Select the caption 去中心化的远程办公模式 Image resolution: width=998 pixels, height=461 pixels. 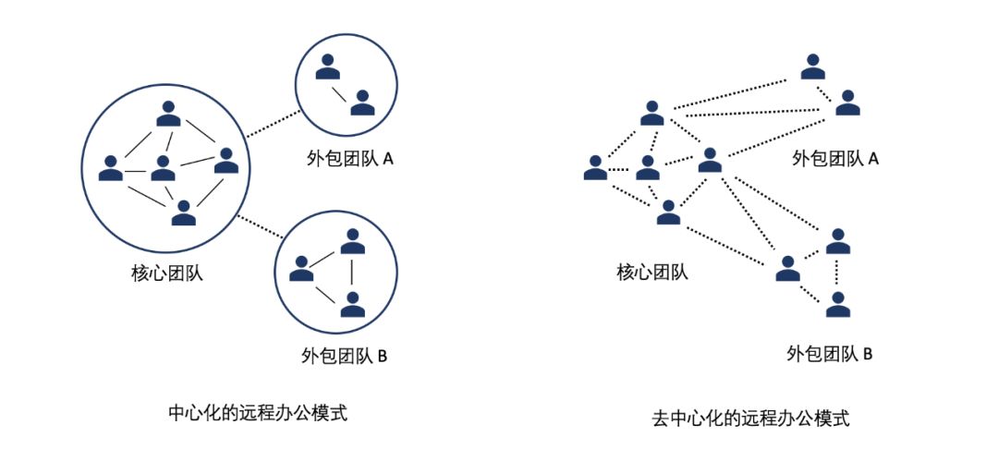[x=750, y=418]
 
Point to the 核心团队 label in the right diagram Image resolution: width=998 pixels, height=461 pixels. [x=652, y=272]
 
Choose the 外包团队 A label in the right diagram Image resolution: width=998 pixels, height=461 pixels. [x=835, y=158]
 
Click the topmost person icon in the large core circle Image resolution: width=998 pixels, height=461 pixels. [x=168, y=113]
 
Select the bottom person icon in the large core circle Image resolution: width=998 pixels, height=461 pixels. [x=185, y=212]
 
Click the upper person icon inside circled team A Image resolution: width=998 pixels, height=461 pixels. [x=325, y=67]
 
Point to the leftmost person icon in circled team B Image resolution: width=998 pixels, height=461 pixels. [x=301, y=268]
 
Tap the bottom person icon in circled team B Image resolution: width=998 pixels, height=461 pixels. [x=351, y=303]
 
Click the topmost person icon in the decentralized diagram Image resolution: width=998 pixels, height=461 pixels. [x=812, y=67]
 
